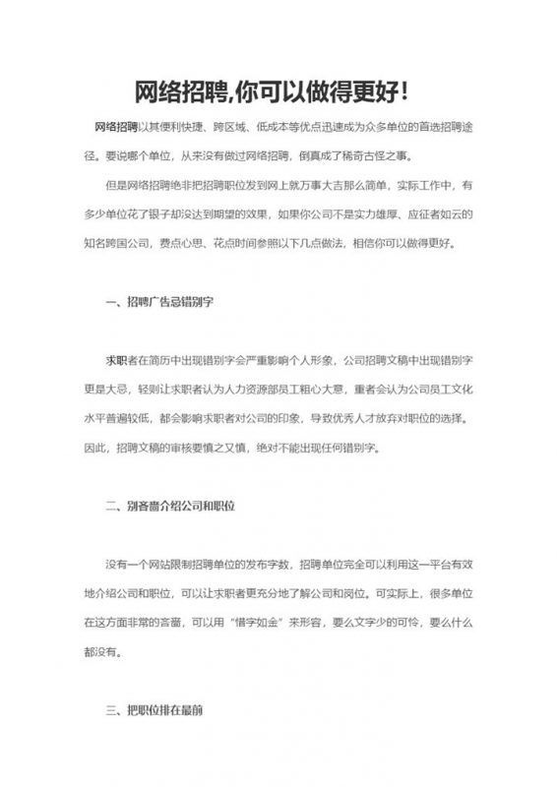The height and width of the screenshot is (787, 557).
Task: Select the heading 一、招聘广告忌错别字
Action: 158,302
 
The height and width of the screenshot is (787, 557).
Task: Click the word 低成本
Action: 272,126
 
